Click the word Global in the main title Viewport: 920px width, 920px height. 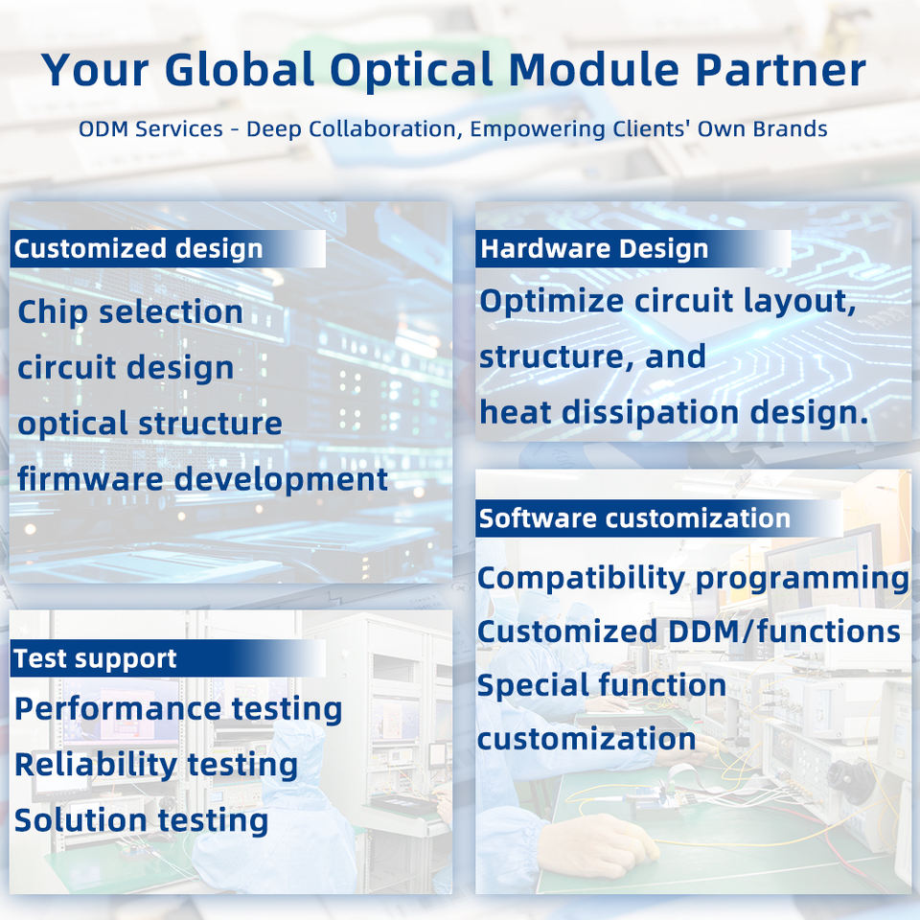pos(240,69)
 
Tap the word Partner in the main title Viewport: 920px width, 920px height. pos(781,69)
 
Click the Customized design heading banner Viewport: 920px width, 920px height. pos(168,249)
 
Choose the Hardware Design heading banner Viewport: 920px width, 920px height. pos(633,249)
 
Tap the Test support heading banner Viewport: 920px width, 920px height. pos(168,658)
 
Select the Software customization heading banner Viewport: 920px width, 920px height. pos(659,518)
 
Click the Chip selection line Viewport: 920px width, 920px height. pos(130,311)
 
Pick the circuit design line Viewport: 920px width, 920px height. pos(126,368)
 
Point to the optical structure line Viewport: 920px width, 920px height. pos(149,424)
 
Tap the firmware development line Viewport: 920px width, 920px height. pos(202,479)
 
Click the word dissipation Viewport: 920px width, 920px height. pos(651,412)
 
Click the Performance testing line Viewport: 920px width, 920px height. pos(178,709)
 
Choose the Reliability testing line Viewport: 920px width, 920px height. pos(156,765)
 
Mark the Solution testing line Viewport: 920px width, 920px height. pos(142,820)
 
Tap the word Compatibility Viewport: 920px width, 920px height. pos(581,579)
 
